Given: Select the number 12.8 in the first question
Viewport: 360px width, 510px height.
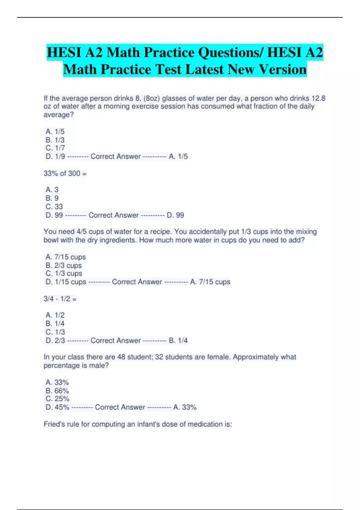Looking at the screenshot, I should (318, 98).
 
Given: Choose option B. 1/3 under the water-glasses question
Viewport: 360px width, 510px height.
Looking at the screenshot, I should (55, 140).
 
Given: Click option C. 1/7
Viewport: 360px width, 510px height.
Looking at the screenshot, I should (55, 148).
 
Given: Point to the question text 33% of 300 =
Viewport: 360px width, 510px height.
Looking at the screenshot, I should (65, 173).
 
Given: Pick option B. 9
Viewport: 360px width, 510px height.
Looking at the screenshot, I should (52, 198).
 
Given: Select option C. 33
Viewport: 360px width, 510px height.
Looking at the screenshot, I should (54, 206).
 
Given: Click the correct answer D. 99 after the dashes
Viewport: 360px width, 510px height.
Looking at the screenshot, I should (175, 215).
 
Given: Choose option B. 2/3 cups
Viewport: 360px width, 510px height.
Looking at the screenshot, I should (64, 265).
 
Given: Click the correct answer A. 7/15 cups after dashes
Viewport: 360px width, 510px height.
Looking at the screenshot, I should (210, 282).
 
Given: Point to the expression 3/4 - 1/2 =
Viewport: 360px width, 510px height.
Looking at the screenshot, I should (60, 299).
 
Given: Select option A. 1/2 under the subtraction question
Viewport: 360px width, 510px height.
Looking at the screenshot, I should (55, 315).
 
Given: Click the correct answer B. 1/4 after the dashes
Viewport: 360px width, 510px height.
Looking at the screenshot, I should (178, 340).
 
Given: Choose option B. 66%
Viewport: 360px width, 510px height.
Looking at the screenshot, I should (57, 391).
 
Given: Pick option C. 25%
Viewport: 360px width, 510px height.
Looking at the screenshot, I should (57, 399).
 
